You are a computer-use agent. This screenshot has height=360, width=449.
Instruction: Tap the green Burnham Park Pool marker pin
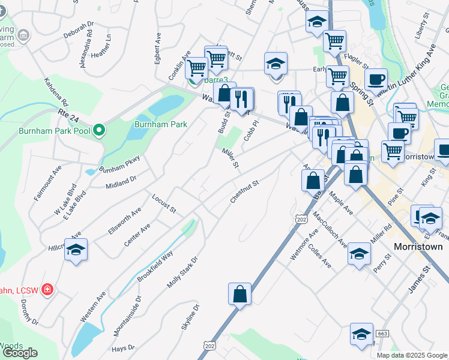coord(100,130)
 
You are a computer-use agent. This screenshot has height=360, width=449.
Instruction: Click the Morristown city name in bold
coord(418,247)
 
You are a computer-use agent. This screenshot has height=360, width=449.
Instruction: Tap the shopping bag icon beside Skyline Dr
coord(240,295)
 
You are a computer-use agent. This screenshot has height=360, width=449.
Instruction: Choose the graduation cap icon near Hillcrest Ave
coord(76,250)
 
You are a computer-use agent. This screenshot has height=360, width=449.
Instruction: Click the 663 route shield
coord(382,333)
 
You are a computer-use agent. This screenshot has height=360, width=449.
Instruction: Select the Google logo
coord(20,353)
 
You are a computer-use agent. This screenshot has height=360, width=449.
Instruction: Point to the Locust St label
coord(163,204)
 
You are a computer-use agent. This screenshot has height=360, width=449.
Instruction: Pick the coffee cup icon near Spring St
coord(376,79)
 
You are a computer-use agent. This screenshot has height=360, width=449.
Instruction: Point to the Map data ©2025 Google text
coord(412,355)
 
